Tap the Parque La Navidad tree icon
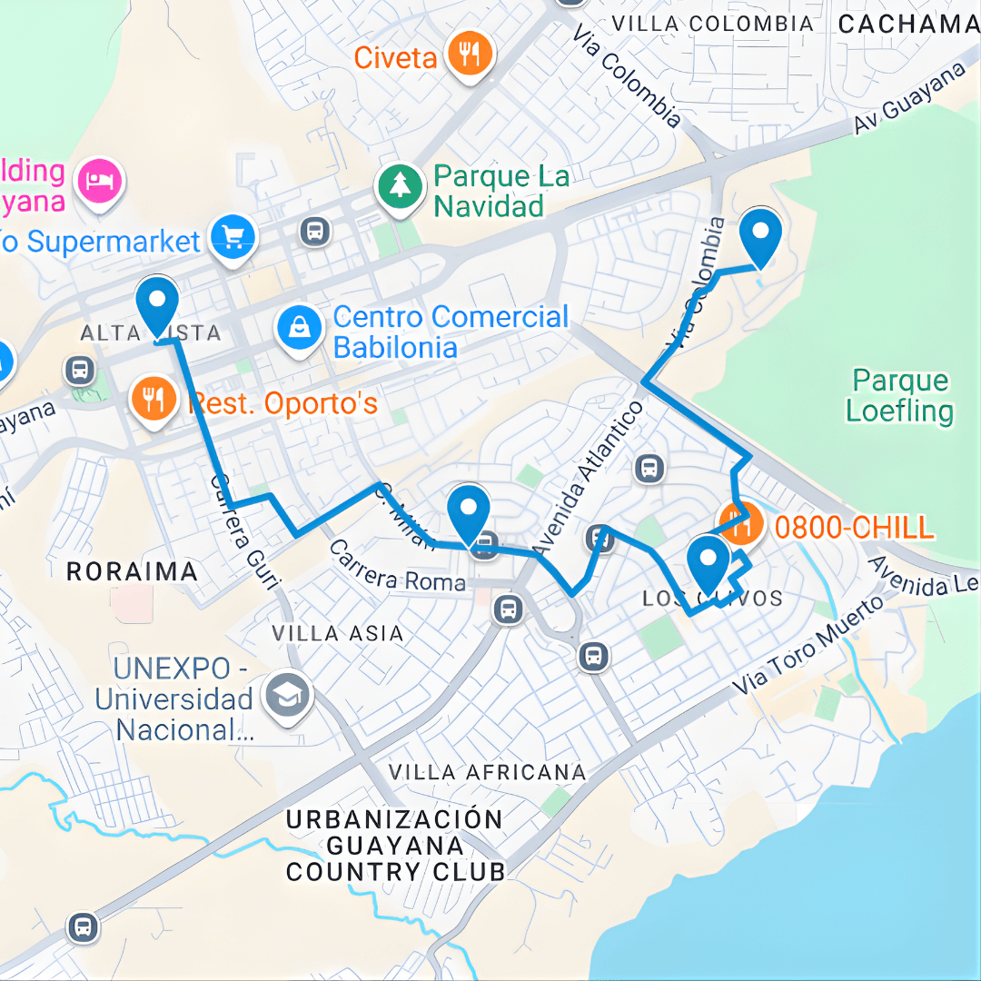tap(400, 187)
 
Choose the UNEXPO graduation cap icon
tap(287, 697)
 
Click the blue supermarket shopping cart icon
tap(233, 238)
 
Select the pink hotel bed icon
tap(100, 180)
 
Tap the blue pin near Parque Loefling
tap(760, 235)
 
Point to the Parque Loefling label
tap(900, 395)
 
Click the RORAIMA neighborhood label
tap(132, 571)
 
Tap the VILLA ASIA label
tap(337, 632)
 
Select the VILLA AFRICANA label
tap(487, 772)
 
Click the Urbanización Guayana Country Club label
tap(395, 846)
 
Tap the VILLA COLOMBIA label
tap(712, 24)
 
